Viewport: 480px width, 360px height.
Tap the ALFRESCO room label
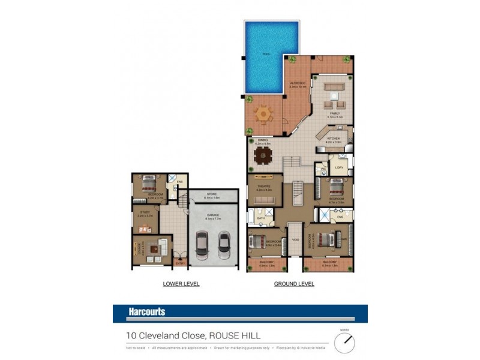point(298,84)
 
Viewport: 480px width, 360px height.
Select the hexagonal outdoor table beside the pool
point(264,113)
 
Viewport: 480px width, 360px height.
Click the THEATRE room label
point(264,187)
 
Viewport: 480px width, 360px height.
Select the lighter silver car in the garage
point(224,243)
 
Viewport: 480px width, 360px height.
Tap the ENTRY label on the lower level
point(179,262)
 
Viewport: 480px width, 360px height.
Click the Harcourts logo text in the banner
point(146,312)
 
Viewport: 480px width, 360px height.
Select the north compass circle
point(344,343)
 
